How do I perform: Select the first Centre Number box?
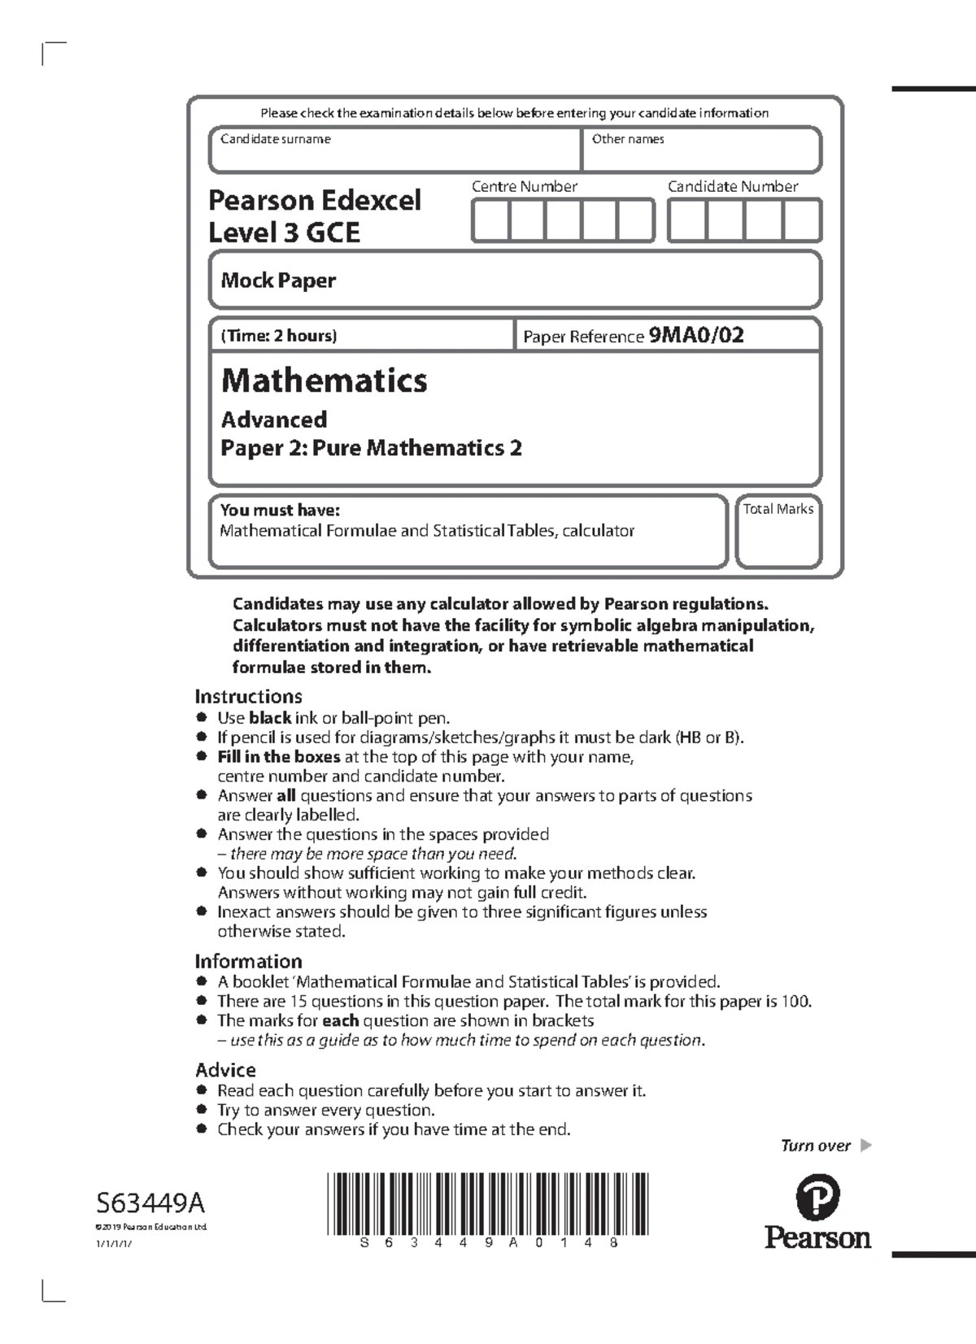(490, 221)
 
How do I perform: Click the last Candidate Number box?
(802, 221)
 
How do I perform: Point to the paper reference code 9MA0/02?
(695, 335)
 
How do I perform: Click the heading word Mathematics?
(324, 381)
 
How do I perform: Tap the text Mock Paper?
(278, 281)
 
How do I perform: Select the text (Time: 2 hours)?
(279, 336)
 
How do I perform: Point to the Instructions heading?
(248, 696)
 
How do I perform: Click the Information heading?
(248, 961)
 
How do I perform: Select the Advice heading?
(225, 1070)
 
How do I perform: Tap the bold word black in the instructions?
(270, 718)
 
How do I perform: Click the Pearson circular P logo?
(817, 1197)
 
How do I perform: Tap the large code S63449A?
(150, 1202)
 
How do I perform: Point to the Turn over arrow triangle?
(865, 1146)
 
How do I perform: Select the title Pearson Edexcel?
(314, 200)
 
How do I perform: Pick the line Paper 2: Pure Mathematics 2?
(371, 448)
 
